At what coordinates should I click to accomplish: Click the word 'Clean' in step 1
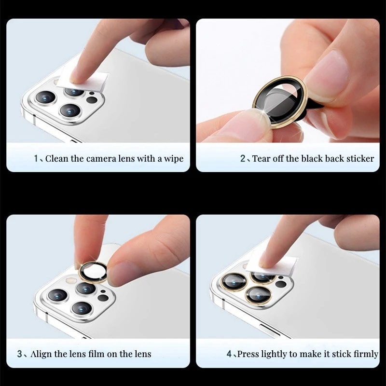(x=57, y=159)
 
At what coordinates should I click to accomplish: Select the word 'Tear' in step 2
(x=262, y=159)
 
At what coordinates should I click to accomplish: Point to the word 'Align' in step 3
(x=41, y=354)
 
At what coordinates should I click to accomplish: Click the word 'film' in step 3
(x=97, y=354)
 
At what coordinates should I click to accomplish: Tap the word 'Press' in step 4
(x=248, y=354)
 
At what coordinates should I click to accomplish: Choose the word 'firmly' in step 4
(x=366, y=354)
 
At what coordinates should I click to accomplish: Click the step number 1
(x=36, y=159)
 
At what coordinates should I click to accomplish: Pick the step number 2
(x=243, y=159)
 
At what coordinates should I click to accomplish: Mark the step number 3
(x=20, y=354)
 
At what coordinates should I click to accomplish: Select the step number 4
(x=229, y=354)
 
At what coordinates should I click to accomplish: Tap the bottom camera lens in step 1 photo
(x=70, y=110)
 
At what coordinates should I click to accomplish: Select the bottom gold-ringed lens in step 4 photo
(x=259, y=295)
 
